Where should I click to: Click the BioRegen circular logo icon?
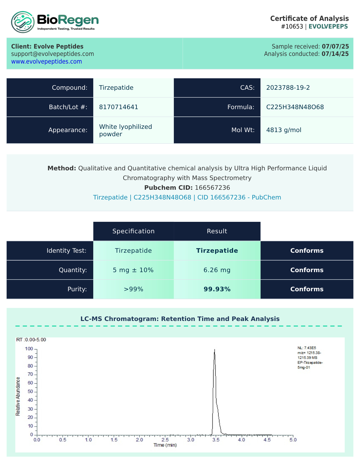pos(23,22)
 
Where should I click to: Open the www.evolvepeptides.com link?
pos(46,61)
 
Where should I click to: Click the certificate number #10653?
pos(292,26)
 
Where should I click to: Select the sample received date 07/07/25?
pos(335,46)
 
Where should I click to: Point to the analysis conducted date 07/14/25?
pos(335,54)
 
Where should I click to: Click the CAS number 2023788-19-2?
pos(288,88)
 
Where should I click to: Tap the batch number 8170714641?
pos(119,107)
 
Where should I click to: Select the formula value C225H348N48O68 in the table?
pos(295,107)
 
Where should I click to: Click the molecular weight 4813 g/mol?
pos(284,130)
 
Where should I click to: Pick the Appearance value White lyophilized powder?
pos(126,130)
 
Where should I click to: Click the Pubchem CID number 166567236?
pos(212,188)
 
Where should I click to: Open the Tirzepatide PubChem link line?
pos(187,197)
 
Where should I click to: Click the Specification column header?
pos(134,231)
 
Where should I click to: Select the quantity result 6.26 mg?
pos(217,270)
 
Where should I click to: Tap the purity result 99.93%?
pos(217,289)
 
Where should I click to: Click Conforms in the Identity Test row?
pos(307,251)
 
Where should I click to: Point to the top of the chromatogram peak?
pos(214,350)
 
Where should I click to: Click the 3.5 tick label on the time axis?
pos(216,440)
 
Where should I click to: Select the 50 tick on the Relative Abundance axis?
pos(30,392)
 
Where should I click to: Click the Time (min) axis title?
pos(165,445)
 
